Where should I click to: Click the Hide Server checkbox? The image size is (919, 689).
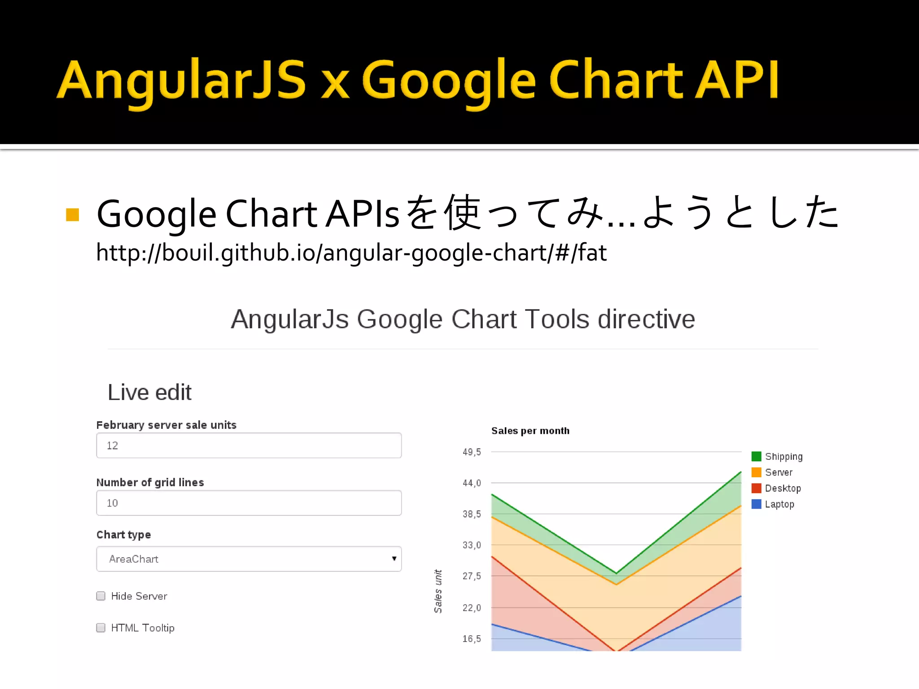coord(101,596)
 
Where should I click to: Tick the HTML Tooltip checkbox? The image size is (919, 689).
coord(101,628)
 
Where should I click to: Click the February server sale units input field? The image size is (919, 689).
coord(249,445)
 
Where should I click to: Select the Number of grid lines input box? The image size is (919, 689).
coord(249,503)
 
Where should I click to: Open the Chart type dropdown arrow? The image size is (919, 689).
coord(394,559)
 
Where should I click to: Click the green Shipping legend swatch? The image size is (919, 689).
coord(756,457)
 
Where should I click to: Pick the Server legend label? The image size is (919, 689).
coord(779,472)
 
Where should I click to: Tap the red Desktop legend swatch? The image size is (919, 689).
coord(756,488)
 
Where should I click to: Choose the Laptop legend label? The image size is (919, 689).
coord(779,504)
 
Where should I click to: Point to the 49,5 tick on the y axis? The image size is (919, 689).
coord(472,452)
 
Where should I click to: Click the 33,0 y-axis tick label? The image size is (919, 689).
coord(472,545)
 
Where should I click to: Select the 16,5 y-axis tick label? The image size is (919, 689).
coord(472,639)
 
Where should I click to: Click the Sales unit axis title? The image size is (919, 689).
coord(438,591)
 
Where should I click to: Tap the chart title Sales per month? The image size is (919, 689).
coord(530,431)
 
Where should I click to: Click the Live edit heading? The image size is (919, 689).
coord(149,392)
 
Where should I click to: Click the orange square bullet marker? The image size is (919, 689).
coord(73,215)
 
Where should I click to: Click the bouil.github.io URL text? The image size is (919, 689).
coord(351,253)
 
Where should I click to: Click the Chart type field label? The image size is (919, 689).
coord(123,535)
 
